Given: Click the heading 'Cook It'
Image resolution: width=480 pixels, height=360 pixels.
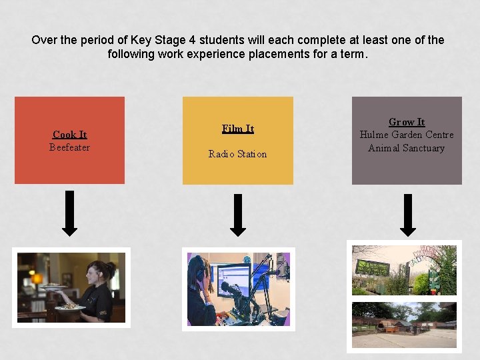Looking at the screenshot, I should tap(69, 135).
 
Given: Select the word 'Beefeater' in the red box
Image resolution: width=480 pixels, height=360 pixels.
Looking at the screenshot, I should tap(69, 147).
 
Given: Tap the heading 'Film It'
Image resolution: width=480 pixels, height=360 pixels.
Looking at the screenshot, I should tap(237, 129).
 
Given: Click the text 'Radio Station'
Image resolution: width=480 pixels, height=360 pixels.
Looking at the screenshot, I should tap(237, 154).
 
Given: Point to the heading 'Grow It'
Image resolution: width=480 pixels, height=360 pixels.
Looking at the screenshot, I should tap(407, 122).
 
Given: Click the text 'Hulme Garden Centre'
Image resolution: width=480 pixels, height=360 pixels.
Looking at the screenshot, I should tap(407, 135).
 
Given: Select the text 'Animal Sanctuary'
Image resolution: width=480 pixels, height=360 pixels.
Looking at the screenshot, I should tap(407, 148).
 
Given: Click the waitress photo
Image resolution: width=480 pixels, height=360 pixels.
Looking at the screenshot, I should tap(71, 287).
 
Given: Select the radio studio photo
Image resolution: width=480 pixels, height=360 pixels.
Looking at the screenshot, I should tap(238, 289).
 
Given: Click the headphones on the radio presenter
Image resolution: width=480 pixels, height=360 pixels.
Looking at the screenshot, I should tap(200, 267).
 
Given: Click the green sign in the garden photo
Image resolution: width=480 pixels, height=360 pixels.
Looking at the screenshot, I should tap(373, 268).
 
